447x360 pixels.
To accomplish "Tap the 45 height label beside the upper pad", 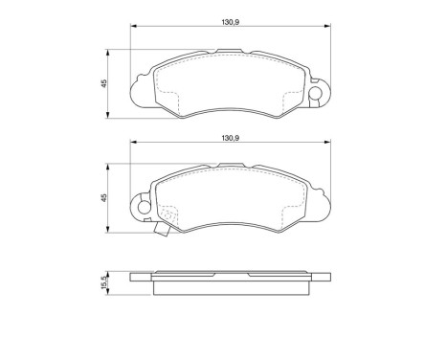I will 103,83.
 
